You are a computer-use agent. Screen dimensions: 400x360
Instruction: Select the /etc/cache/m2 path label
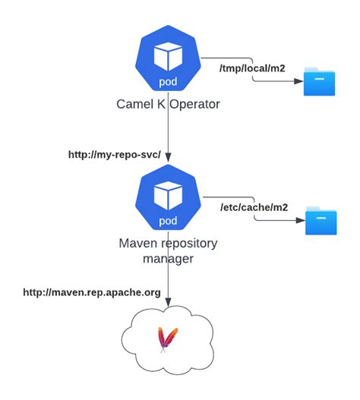(x=252, y=206)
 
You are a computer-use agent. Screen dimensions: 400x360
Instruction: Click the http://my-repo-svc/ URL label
(x=115, y=154)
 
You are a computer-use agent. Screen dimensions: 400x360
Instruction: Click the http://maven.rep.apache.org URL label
(x=91, y=291)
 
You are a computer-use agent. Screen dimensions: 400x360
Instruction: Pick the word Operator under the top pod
(x=193, y=103)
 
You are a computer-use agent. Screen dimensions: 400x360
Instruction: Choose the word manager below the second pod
(x=168, y=260)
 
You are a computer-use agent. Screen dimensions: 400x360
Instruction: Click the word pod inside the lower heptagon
(x=168, y=221)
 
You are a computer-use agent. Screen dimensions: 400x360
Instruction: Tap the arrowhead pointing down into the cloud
(x=168, y=304)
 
